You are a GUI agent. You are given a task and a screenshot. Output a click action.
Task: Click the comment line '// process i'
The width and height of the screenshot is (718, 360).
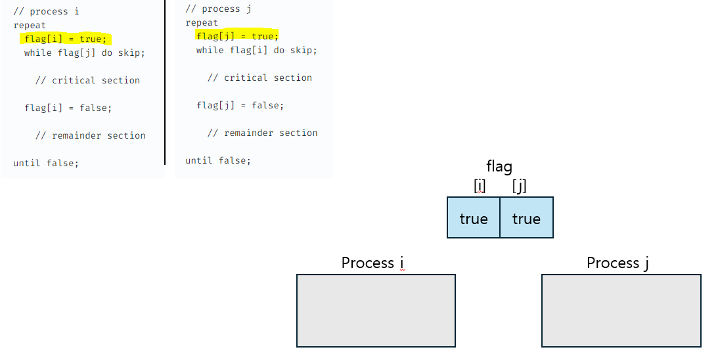point(46,12)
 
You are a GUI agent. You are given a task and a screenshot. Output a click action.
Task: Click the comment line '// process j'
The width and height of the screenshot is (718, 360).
point(218,9)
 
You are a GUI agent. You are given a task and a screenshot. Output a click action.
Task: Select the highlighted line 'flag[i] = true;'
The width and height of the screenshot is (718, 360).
point(66,39)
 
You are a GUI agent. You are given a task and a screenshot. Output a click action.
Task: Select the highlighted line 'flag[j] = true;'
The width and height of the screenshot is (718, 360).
point(237,36)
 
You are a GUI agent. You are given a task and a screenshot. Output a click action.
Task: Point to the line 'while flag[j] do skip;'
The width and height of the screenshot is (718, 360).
point(84,53)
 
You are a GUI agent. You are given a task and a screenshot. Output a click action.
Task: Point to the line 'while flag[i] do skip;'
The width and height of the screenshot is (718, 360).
point(256,50)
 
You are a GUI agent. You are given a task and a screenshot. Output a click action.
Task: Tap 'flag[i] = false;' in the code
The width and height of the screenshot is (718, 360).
point(68,108)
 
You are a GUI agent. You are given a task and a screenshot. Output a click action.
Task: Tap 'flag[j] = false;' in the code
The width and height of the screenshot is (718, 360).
point(240,105)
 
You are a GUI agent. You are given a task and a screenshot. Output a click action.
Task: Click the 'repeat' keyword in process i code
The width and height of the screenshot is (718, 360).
point(30,26)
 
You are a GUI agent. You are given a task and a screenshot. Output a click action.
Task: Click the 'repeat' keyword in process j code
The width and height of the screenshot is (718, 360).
point(202,23)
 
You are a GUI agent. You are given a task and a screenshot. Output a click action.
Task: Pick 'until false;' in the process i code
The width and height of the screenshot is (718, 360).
point(46,163)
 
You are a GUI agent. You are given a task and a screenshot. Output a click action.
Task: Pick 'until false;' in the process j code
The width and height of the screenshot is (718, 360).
point(218,160)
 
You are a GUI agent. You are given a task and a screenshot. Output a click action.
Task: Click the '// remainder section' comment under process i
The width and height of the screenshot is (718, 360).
point(90,135)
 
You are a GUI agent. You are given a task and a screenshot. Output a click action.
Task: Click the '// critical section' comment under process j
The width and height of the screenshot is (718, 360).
point(259,78)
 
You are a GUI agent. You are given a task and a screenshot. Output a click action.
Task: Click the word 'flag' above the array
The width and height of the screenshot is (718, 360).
point(499,167)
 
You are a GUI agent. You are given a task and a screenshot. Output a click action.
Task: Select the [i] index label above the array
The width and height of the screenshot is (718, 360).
point(480,187)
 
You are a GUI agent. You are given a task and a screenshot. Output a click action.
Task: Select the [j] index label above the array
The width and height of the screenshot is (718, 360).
point(520,187)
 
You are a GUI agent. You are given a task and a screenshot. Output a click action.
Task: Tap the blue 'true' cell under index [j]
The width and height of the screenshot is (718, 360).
point(526,218)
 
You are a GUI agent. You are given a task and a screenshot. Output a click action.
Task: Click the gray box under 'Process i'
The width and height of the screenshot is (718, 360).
point(376,310)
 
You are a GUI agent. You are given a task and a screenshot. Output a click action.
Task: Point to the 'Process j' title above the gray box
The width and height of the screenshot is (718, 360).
point(617,263)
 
